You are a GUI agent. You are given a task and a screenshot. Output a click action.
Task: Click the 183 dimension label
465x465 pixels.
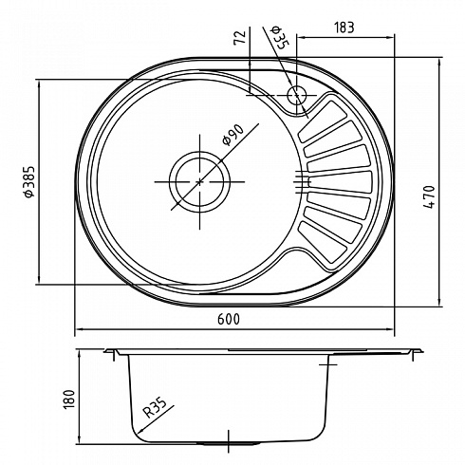coord(344,28)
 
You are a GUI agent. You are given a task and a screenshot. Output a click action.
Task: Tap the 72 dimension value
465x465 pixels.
coord(240,38)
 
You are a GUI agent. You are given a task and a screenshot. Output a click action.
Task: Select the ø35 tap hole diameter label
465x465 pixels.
coord(278,37)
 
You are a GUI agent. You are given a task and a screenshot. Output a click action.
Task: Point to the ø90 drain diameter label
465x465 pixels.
coord(233,135)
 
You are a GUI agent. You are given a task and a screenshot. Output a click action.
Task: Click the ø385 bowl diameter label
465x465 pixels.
coord(28,181)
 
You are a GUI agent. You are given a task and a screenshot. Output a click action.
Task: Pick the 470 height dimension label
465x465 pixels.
coord(429,196)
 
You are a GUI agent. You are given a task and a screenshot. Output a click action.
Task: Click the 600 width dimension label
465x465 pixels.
coord(229,319)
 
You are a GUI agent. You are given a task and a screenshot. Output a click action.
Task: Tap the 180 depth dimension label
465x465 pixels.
coord(69,400)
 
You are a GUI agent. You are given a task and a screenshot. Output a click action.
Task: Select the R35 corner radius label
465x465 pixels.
coord(154,408)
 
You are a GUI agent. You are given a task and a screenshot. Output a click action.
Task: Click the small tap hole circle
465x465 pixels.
coord(297,95)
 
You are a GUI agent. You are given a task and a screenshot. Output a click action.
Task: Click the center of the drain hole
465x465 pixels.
coord(199,181)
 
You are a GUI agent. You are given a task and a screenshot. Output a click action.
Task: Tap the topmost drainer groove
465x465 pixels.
coord(322,121)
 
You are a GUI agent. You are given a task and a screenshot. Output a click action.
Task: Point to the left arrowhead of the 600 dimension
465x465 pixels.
coord(79,329)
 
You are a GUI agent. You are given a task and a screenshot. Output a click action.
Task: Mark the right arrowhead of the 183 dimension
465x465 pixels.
coord(391,37)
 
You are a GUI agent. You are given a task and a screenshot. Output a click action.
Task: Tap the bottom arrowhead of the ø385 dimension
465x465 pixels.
coord(39,280)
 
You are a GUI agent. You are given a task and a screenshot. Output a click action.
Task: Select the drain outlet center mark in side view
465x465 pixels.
coord(228,441)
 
